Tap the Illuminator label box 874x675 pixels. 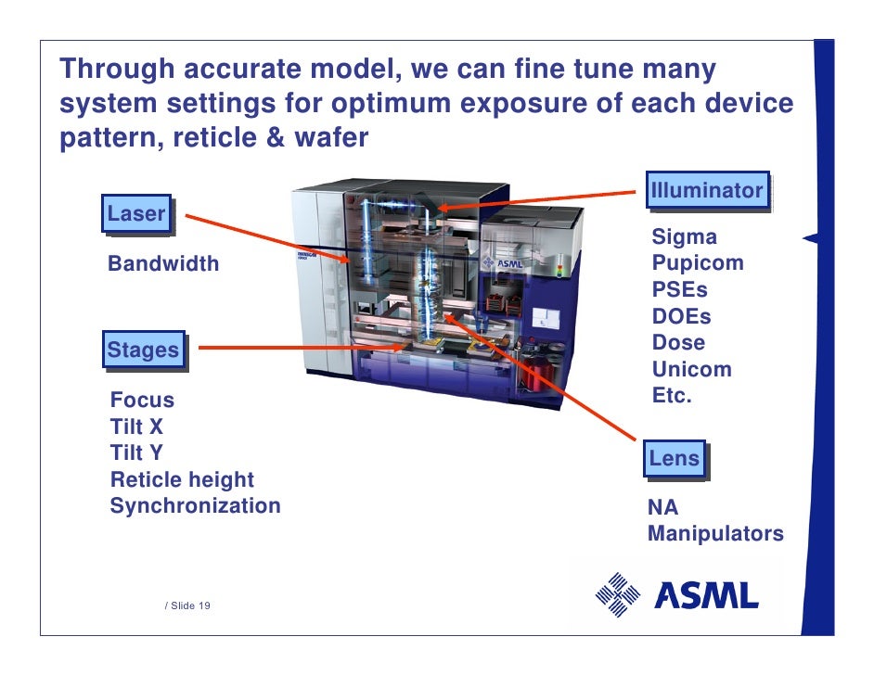click(707, 191)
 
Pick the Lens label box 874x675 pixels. click(674, 459)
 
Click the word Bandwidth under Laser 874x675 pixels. click(163, 264)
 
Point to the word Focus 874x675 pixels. click(142, 401)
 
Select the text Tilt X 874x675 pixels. click(136, 427)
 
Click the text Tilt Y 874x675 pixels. click(136, 453)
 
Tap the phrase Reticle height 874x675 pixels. click(182, 480)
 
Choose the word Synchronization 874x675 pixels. click(195, 506)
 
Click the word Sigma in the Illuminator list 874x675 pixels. click(685, 236)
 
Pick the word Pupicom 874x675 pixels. click(698, 262)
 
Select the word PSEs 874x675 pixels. click(679, 289)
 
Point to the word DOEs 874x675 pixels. click(681, 316)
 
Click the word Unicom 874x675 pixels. click(691, 370)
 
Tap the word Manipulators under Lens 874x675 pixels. click(715, 535)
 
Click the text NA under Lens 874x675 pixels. click(662, 508)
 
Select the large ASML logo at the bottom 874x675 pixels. click(676, 595)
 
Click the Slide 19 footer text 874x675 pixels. click(187, 605)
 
